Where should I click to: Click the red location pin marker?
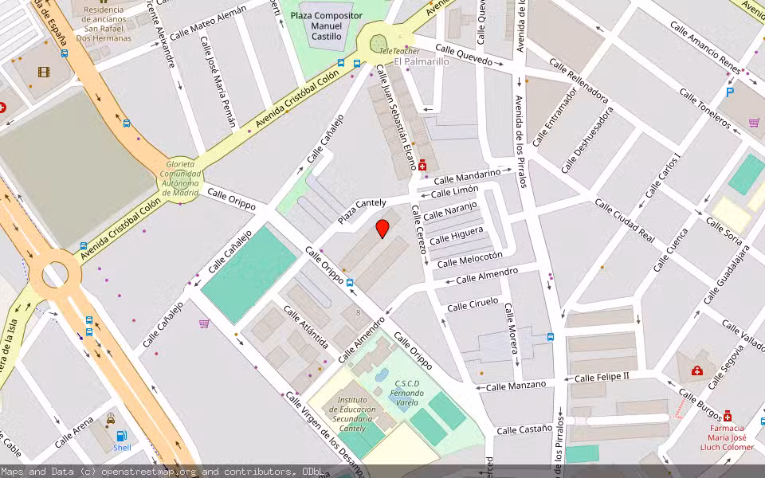tap(382, 229)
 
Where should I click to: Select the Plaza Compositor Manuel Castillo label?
tap(326, 26)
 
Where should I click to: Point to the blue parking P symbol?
tap(730, 92)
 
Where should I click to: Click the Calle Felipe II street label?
tap(602, 376)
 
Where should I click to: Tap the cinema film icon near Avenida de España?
tap(43, 72)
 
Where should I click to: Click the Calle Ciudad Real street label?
tap(624, 221)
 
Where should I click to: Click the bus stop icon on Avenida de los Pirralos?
tap(551, 337)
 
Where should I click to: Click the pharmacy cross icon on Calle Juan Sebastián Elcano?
tap(422, 167)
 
